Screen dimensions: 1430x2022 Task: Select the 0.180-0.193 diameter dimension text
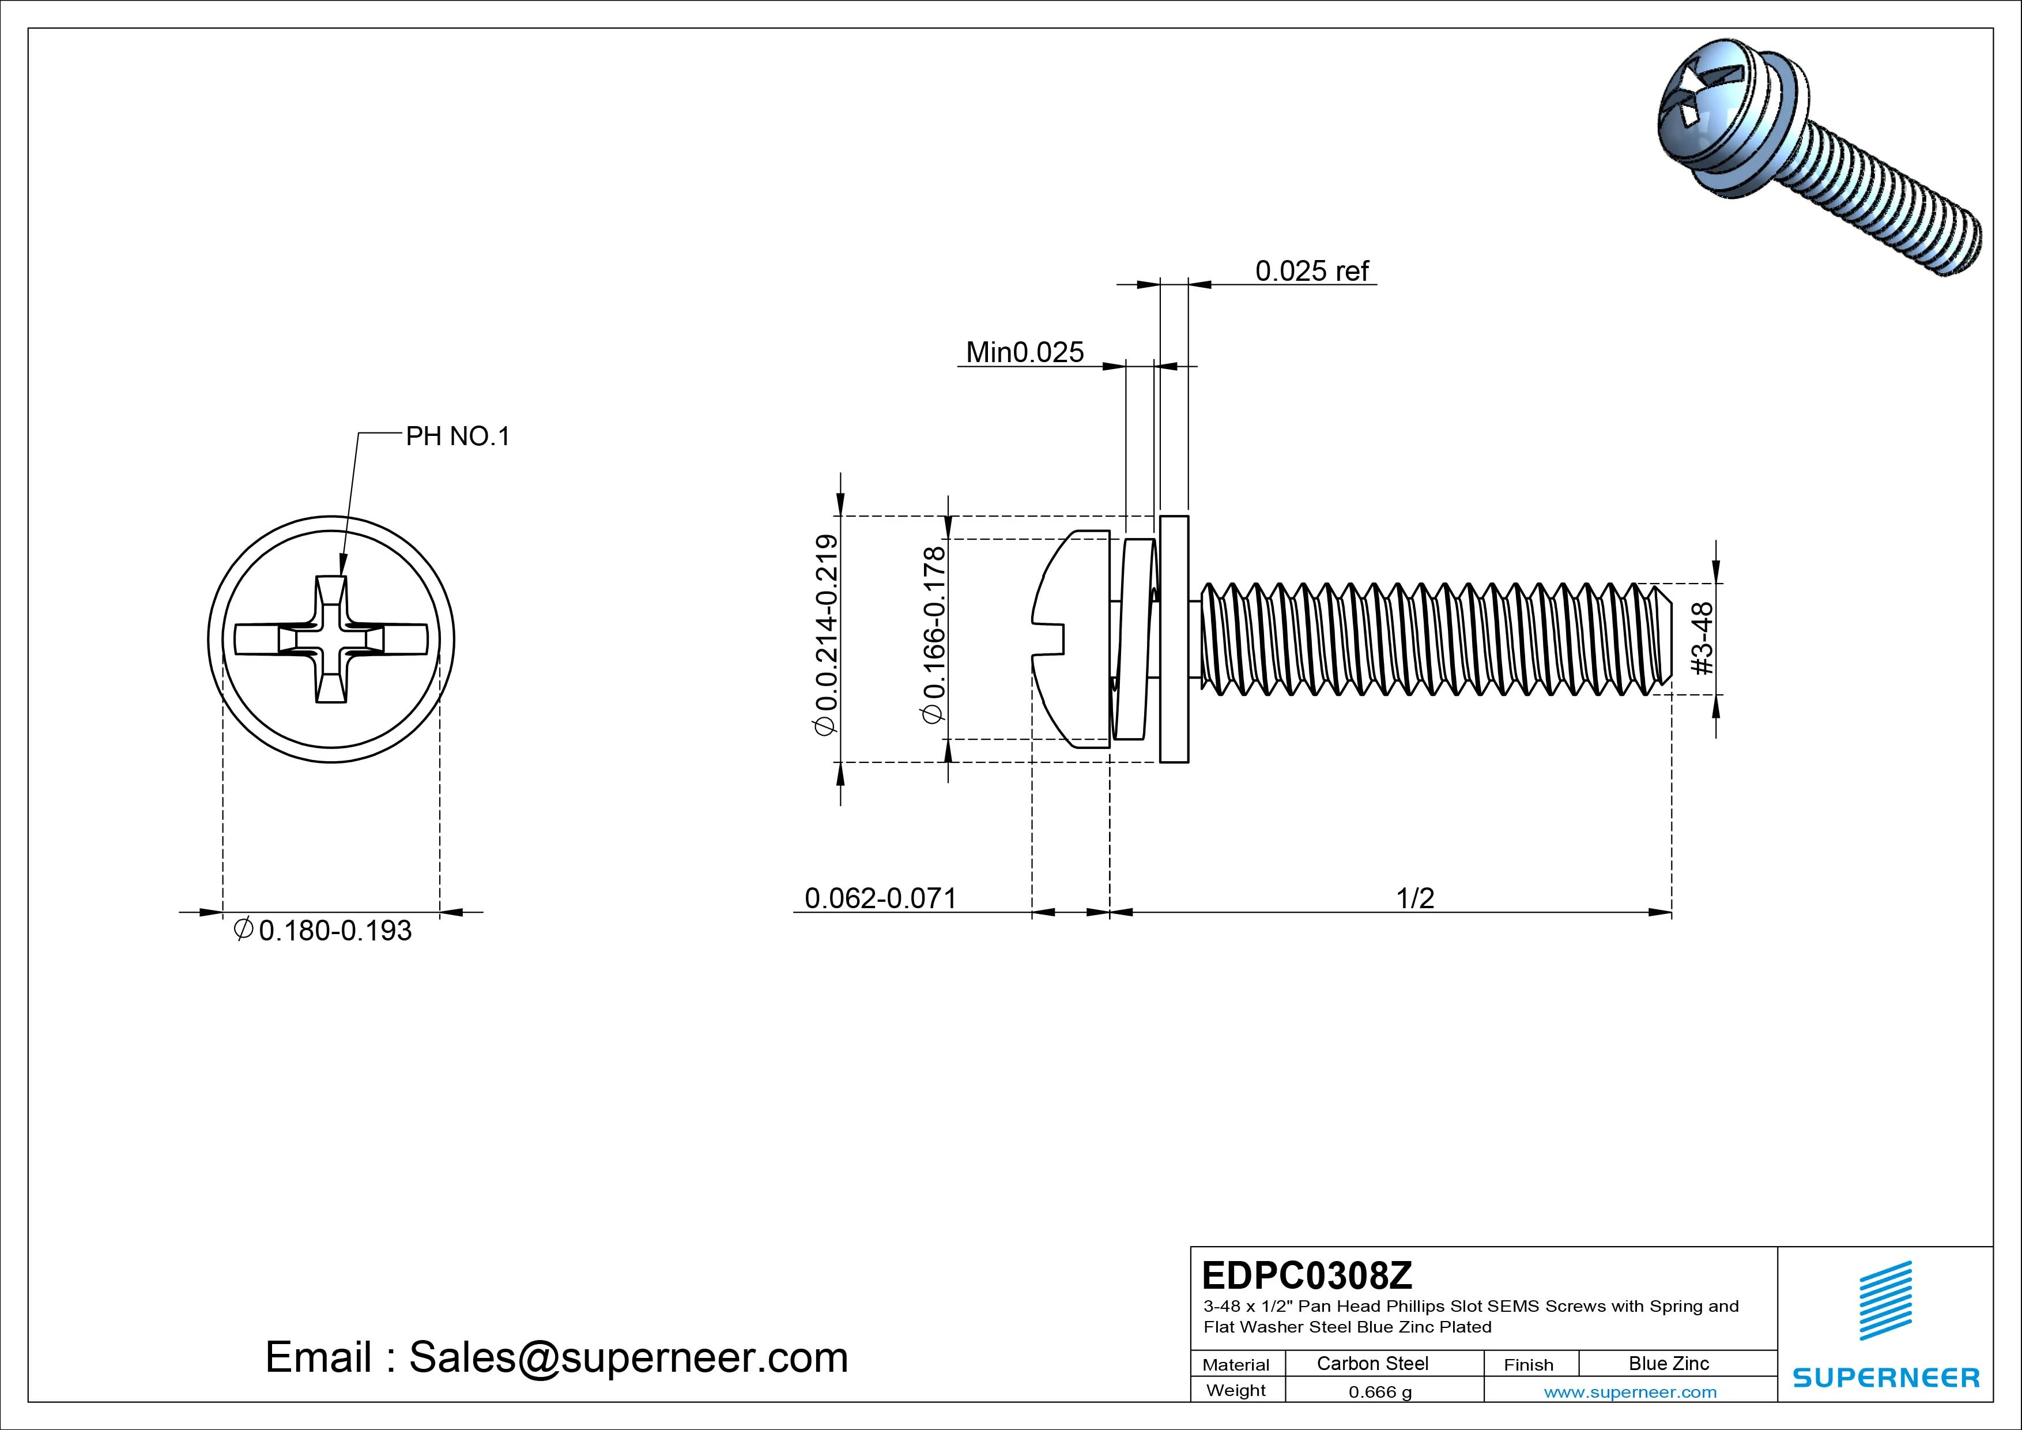tap(335, 931)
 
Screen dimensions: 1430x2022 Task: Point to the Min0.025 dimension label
tap(1024, 352)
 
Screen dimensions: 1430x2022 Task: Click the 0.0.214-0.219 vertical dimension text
tap(826, 634)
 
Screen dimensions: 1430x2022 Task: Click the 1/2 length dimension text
tap(1414, 898)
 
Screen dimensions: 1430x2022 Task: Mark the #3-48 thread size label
tap(1702, 639)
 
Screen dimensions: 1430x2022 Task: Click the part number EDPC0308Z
tap(1307, 1275)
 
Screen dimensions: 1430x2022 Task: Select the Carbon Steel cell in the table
tap(1372, 1363)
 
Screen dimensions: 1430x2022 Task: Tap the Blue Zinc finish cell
tap(1668, 1363)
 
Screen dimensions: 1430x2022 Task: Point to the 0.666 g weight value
tap(1379, 1392)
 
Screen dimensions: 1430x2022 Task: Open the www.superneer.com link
tap(1629, 1392)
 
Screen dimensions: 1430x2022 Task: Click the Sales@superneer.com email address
tap(628, 1358)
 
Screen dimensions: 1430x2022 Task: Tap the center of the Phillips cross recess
tap(331, 639)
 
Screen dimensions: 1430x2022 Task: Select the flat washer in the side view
tap(1174, 639)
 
